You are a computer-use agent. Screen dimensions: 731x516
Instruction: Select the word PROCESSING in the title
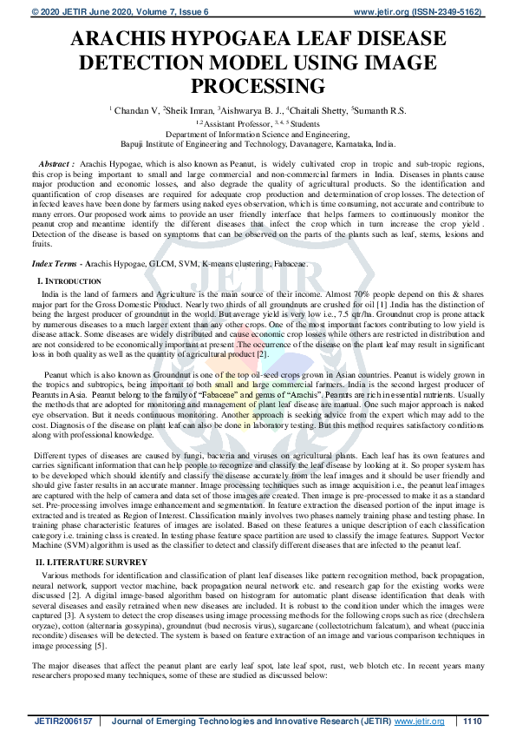258,85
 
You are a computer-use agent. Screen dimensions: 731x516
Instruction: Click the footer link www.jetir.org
420,721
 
